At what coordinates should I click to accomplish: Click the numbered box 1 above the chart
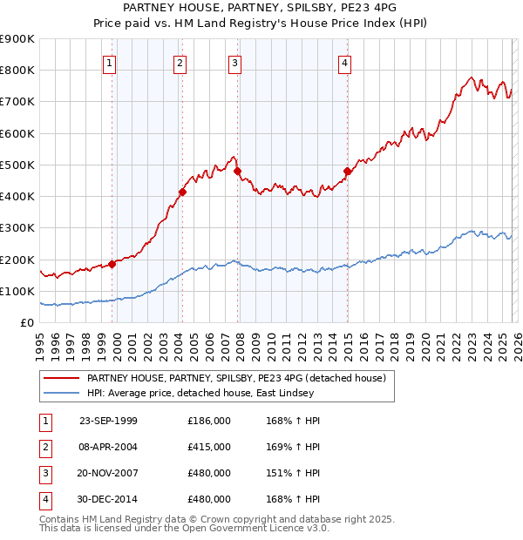[x=110, y=62]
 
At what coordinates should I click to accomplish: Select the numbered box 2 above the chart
[x=179, y=62]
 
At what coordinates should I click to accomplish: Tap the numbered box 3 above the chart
[x=235, y=62]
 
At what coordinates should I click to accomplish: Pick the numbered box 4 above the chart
[x=345, y=62]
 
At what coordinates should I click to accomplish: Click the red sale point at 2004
[x=182, y=192]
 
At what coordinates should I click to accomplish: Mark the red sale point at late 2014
[x=348, y=171]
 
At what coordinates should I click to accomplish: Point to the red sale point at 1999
[x=112, y=264]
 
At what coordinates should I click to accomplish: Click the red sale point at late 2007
[x=238, y=172]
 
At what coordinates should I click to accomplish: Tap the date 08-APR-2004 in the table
[x=108, y=447]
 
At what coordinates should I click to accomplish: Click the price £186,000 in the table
[x=209, y=421]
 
